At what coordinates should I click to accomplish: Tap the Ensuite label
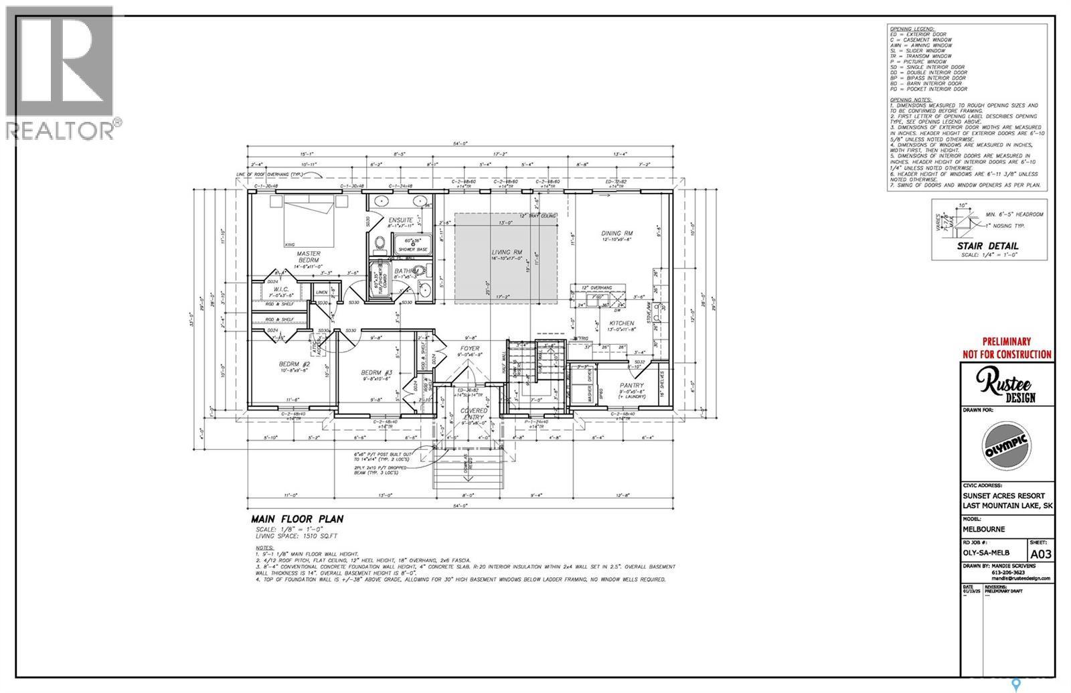(x=400, y=220)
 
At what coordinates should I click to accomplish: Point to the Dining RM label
(x=616, y=234)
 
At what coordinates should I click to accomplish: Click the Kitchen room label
(x=621, y=323)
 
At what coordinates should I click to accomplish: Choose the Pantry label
(x=631, y=386)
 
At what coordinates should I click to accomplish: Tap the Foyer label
(x=470, y=348)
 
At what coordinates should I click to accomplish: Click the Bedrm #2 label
(x=293, y=364)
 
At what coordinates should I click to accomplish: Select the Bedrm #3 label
(x=374, y=372)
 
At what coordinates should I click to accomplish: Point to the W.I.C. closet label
(x=276, y=289)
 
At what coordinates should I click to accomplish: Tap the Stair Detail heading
(x=987, y=246)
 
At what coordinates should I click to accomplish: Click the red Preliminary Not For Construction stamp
(x=1015, y=348)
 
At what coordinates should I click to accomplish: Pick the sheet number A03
(x=1040, y=554)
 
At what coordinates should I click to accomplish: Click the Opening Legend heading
(x=910, y=30)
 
